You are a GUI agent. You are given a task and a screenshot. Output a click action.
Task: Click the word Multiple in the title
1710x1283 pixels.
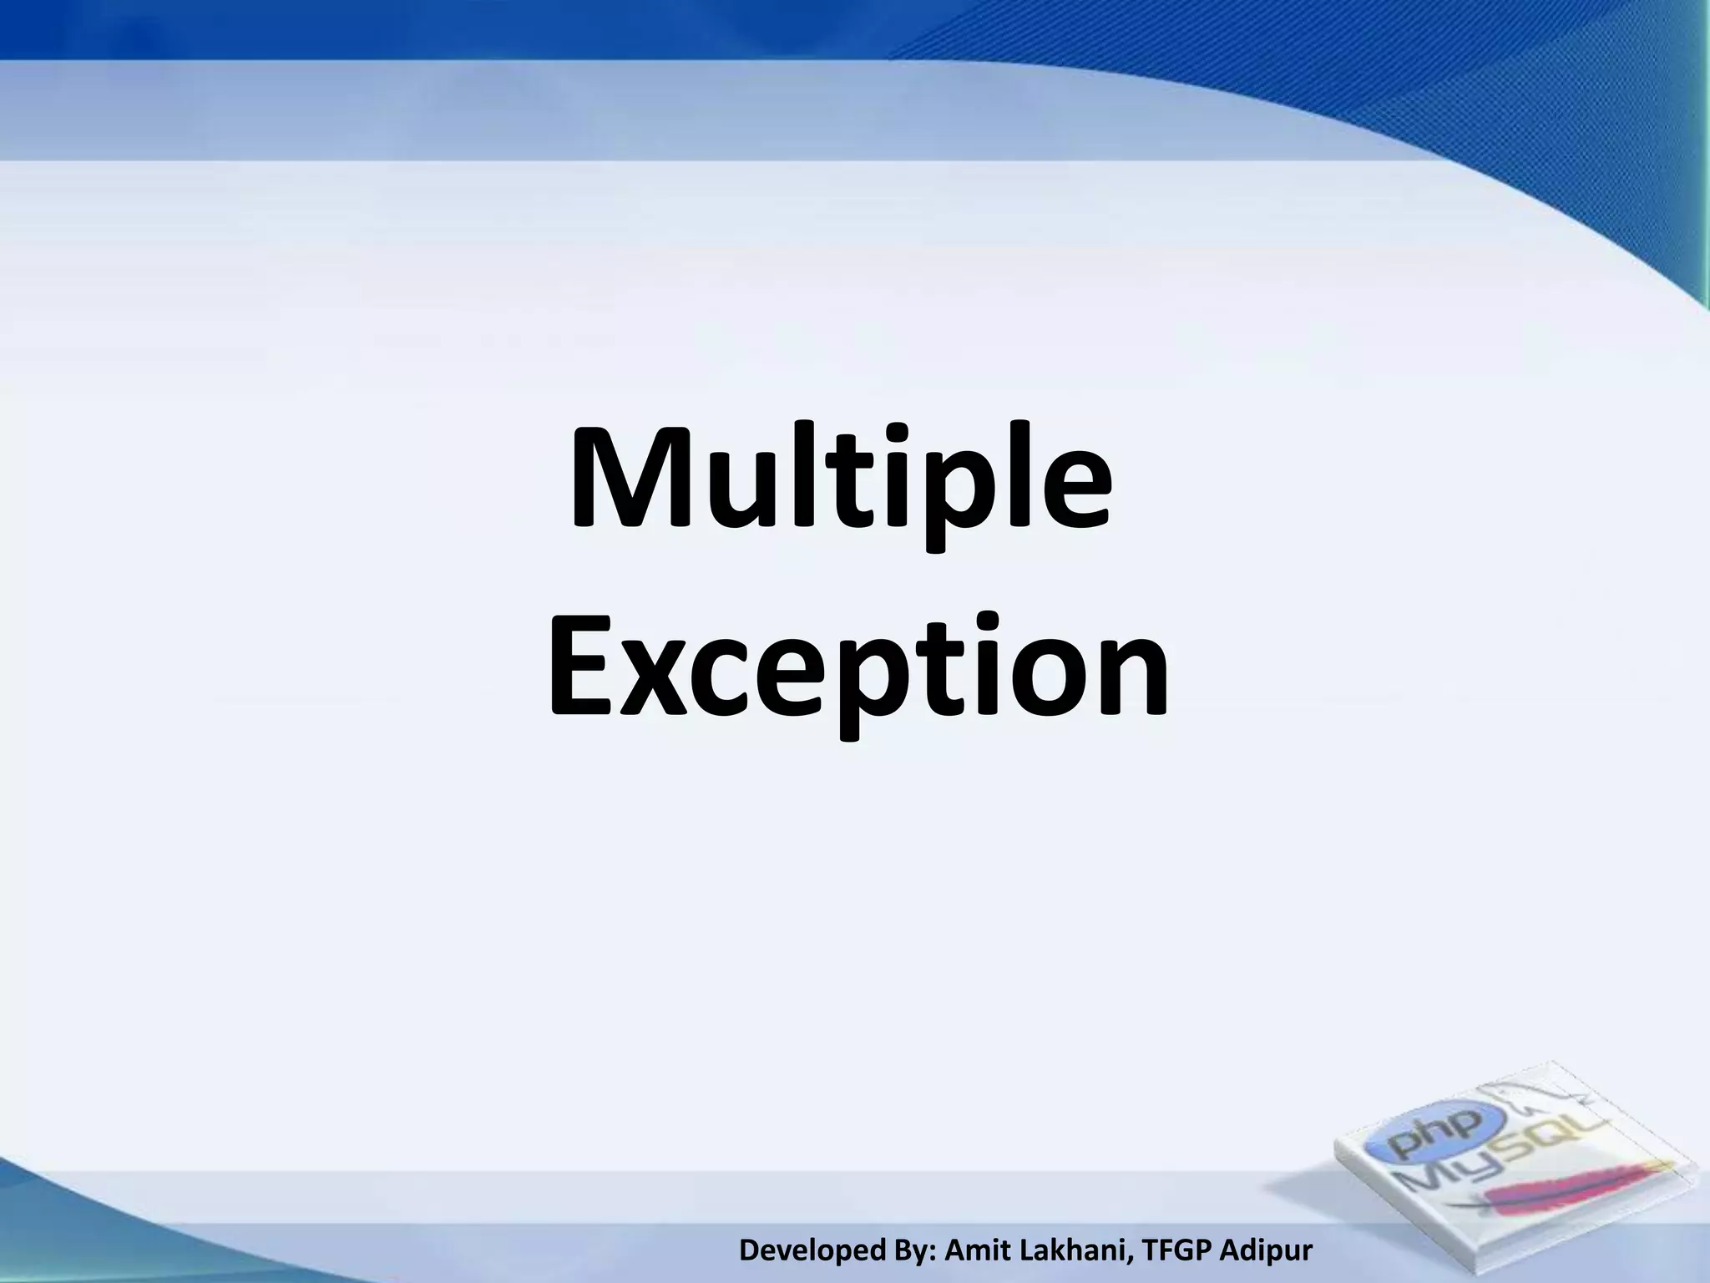(x=840, y=484)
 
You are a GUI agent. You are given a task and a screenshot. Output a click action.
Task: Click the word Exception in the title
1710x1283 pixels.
(x=857, y=668)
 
